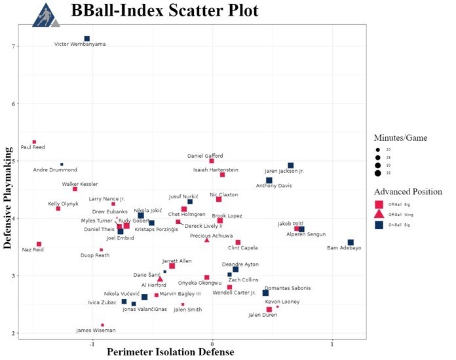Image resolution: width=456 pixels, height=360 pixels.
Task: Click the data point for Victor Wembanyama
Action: pyautogui.click(x=86, y=39)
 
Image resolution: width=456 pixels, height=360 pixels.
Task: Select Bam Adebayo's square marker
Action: pyautogui.click(x=351, y=243)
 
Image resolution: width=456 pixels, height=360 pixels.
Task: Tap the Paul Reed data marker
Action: pyautogui.click(x=34, y=142)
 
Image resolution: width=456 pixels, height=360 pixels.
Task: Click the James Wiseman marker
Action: pyautogui.click(x=103, y=325)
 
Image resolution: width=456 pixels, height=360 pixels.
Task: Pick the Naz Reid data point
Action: pyautogui.click(x=39, y=244)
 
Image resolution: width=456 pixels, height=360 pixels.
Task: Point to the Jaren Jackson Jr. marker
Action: pyautogui.click(x=291, y=166)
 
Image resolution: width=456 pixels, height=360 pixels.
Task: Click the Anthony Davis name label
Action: pyautogui.click(x=274, y=185)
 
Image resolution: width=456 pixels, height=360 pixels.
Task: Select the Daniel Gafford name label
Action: pyautogui.click(x=205, y=156)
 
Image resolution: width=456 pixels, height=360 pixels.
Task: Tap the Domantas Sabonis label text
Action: pyautogui.click(x=288, y=288)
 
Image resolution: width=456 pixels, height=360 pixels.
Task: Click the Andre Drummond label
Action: pyautogui.click(x=55, y=170)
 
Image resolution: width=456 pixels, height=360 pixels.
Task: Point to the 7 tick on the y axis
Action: pyautogui.click(x=13, y=46)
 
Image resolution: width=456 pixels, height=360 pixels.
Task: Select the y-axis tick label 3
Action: pyautogui.click(x=13, y=276)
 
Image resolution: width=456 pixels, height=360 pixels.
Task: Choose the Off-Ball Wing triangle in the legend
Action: pyautogui.click(x=379, y=214)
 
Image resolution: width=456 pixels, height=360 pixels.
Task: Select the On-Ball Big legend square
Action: pyautogui.click(x=379, y=225)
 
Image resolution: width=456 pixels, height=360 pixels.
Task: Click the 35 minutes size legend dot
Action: pyautogui.click(x=378, y=173)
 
